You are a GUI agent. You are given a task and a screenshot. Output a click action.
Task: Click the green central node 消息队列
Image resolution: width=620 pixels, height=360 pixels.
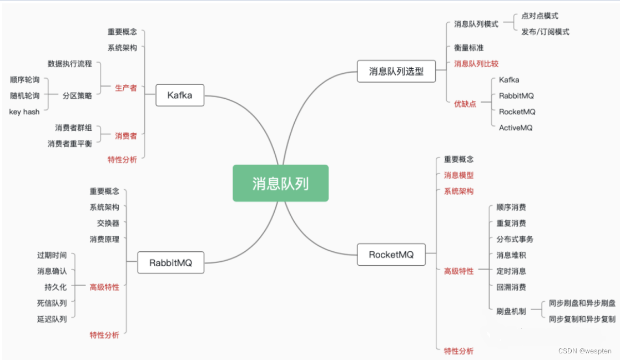click(x=280, y=183)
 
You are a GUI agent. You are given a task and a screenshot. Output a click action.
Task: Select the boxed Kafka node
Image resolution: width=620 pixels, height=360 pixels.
click(x=179, y=95)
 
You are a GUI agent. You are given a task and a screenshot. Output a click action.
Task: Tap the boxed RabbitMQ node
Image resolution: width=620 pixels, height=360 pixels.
click(x=170, y=262)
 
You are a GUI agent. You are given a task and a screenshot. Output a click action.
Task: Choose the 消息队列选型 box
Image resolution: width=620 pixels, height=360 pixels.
click(x=396, y=71)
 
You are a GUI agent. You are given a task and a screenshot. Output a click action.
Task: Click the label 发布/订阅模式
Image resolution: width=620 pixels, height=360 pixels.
click(x=545, y=32)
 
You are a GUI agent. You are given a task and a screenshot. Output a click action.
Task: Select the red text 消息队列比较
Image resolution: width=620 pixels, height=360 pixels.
click(x=476, y=64)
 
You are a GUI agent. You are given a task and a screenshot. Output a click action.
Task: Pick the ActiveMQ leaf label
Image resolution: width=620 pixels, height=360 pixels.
click(x=516, y=128)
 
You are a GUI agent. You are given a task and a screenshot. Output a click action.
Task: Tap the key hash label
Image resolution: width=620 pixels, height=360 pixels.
click(x=24, y=111)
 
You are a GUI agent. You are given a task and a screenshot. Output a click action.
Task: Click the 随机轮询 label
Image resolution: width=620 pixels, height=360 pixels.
click(x=25, y=95)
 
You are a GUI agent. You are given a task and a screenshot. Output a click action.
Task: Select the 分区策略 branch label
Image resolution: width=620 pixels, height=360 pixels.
click(x=77, y=95)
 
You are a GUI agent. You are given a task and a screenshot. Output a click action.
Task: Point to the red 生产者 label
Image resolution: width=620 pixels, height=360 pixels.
click(x=125, y=88)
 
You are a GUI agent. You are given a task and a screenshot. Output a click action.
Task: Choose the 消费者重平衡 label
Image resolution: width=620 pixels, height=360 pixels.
click(x=70, y=144)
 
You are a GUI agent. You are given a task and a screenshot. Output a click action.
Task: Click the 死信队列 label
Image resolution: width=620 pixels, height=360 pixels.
click(x=52, y=303)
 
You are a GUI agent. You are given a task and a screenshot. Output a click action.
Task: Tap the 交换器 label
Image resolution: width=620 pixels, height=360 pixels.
click(x=108, y=223)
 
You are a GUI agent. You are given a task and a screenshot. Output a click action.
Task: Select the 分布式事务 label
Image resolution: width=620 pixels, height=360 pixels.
click(x=515, y=239)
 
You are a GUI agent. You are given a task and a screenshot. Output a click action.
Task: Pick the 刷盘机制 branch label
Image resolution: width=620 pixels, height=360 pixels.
click(x=511, y=311)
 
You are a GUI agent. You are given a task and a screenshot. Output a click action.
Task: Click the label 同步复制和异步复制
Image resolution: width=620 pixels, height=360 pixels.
click(x=582, y=319)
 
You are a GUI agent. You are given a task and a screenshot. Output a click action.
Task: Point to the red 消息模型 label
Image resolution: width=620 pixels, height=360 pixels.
click(x=458, y=175)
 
